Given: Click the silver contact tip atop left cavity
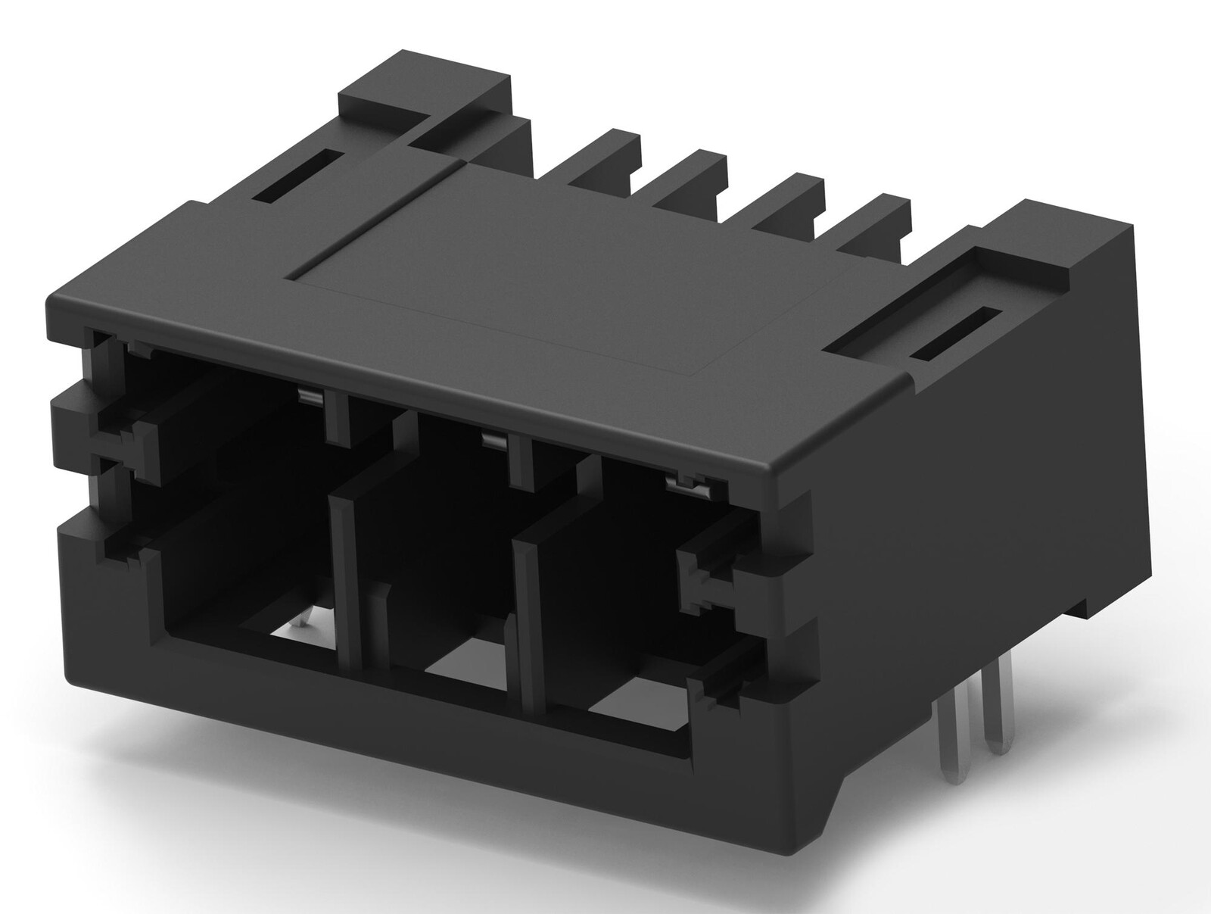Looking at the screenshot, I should coord(308,395).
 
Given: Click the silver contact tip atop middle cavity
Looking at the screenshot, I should coord(495,440).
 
